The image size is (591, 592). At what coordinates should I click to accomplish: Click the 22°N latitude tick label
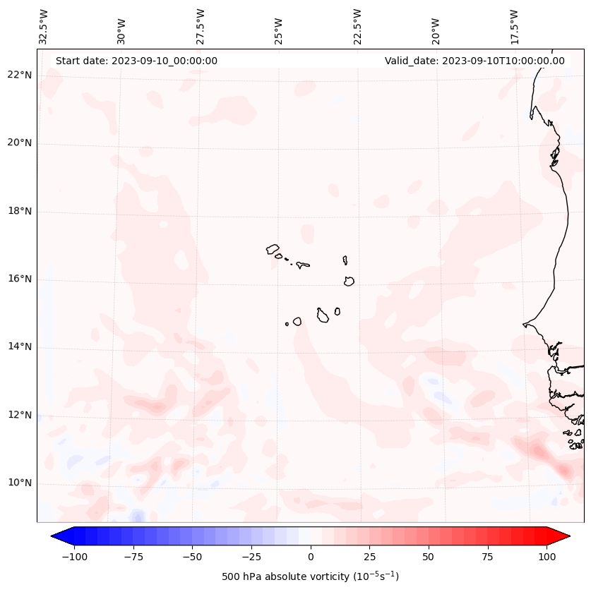pos(20,75)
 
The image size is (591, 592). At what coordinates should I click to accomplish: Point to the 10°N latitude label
pos(20,483)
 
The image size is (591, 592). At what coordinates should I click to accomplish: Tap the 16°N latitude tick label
pos(20,279)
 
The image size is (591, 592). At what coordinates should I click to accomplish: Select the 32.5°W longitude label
pos(43,27)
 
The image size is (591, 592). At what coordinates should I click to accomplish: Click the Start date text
pos(136,61)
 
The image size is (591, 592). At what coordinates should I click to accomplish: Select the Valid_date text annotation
pos(474,61)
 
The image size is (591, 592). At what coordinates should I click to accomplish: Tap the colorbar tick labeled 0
pos(310,557)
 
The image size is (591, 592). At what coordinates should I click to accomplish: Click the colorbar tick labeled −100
pos(75,557)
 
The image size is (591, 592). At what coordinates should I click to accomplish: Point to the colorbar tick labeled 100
pos(547,557)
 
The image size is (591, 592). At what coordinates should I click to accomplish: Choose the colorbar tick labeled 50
pos(429,557)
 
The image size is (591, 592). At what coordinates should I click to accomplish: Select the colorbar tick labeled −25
pos(251,557)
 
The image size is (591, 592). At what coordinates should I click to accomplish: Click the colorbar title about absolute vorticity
pos(310,576)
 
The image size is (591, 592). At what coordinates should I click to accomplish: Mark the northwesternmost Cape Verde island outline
pos(273,249)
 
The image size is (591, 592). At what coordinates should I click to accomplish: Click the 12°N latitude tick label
pos(20,416)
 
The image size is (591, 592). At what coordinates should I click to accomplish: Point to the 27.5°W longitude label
pos(201,27)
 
